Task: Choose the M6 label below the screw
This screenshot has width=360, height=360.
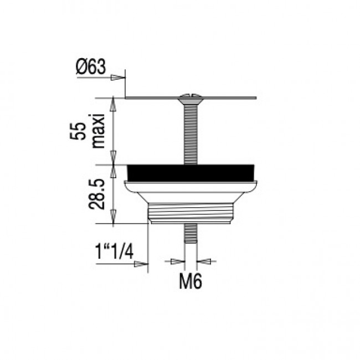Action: click(x=190, y=282)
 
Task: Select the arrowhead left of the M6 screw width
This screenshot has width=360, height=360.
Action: click(x=178, y=260)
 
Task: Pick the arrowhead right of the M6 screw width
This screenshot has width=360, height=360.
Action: click(x=202, y=260)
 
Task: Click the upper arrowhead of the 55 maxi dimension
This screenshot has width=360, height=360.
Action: click(x=114, y=103)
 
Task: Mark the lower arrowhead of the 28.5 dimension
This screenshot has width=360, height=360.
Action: click(x=114, y=218)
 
